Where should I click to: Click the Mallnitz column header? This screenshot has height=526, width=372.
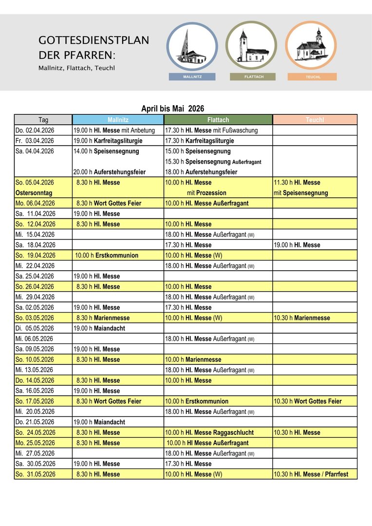(118, 120)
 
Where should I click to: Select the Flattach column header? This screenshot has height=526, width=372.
(218, 120)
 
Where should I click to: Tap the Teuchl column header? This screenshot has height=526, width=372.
(315, 120)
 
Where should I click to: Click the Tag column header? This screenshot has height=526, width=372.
(43, 120)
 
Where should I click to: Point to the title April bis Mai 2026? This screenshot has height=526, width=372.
(173, 109)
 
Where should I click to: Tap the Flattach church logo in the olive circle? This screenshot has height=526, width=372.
(252, 46)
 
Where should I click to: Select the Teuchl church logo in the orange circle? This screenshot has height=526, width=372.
(311, 46)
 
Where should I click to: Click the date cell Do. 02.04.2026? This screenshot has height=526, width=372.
(35, 131)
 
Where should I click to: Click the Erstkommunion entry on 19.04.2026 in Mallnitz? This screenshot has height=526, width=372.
(107, 255)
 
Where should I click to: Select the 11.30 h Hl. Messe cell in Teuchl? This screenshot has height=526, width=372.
(297, 183)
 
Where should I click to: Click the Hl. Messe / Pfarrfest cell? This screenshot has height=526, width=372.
(311, 474)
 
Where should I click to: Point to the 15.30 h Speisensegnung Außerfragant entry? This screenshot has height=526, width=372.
(213, 162)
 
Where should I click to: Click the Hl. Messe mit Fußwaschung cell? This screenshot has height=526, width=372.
(211, 131)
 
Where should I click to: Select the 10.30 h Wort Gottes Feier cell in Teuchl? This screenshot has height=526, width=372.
(308, 401)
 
